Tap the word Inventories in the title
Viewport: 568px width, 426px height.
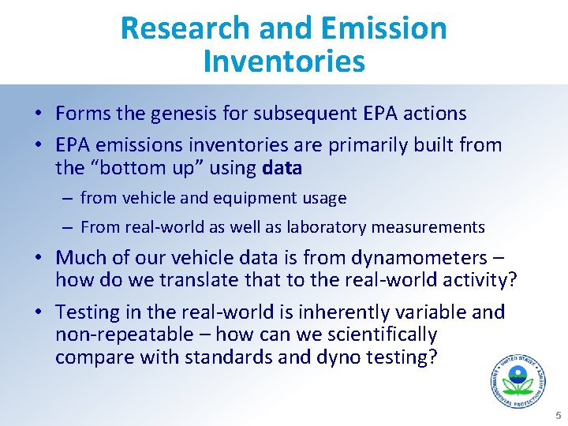[284, 62]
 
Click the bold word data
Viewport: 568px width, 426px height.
[282, 168]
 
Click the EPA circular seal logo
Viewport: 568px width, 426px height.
[518, 383]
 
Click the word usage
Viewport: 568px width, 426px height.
[321, 198]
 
